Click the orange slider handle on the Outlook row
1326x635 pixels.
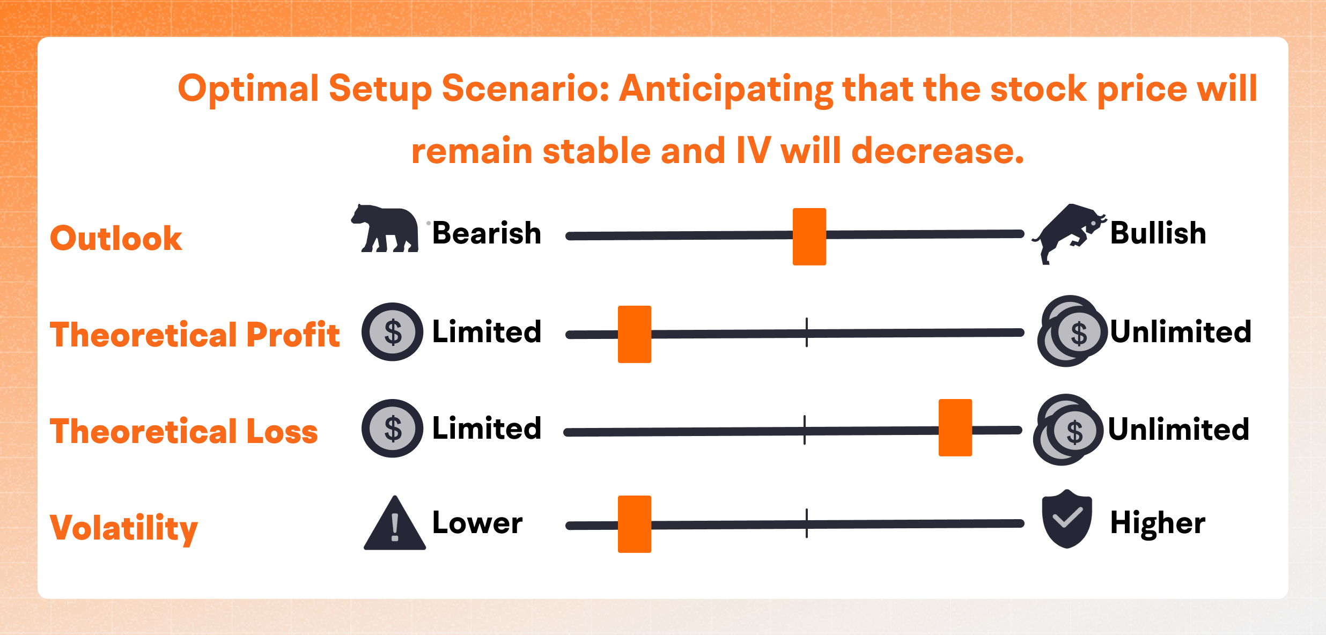tap(809, 237)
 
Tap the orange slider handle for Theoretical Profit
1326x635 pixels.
tap(635, 334)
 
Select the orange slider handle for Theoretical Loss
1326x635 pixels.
tap(955, 427)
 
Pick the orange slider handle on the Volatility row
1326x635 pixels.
tap(635, 524)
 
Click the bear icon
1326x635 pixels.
tap(385, 228)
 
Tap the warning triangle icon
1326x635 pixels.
tap(395, 523)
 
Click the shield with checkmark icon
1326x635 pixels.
tap(1067, 519)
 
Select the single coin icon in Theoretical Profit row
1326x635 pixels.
tap(393, 332)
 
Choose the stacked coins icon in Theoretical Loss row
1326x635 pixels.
tap(1067, 430)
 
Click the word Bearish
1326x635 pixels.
tap(487, 233)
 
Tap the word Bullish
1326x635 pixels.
tap(1158, 233)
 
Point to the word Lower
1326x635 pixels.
tap(477, 522)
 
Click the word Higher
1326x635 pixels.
tap(1158, 523)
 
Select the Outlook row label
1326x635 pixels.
tap(116, 238)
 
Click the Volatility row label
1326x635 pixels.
tap(124, 528)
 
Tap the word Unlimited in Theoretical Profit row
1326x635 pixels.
tap(1181, 331)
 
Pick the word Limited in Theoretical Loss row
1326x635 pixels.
tap(487, 428)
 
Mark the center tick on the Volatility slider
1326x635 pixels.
tap(807, 523)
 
